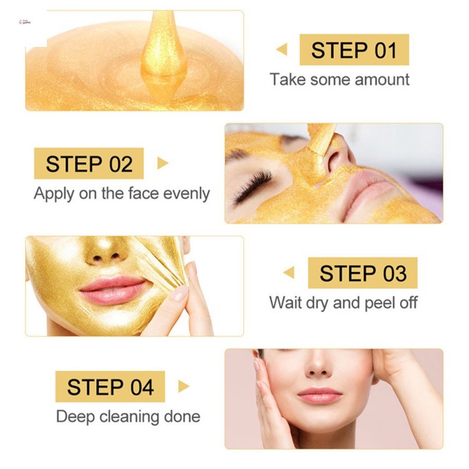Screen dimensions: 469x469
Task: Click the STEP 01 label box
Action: point(354,50)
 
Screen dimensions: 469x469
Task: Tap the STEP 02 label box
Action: point(89,163)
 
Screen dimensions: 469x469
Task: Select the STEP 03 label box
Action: point(363,273)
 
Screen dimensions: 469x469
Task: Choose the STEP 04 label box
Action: point(110,387)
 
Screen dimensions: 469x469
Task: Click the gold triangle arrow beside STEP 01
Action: point(282,50)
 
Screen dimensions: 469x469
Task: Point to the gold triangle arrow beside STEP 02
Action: point(163,163)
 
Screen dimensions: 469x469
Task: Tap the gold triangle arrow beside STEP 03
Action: point(289,273)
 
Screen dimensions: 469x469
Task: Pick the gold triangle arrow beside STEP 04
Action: point(183,386)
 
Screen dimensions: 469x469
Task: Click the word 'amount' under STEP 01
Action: point(382,80)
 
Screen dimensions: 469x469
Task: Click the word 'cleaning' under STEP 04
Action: point(129,417)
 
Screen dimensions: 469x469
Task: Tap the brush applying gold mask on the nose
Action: point(320,141)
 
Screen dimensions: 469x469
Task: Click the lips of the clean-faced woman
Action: point(320,395)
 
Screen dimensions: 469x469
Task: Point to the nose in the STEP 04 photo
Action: point(318,366)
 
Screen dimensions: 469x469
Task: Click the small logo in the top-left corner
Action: point(25,22)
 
